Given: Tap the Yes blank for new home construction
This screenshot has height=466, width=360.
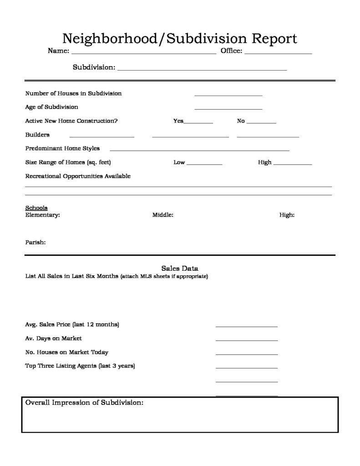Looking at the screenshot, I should [198, 122].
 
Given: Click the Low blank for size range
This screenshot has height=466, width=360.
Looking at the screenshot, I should [204, 164].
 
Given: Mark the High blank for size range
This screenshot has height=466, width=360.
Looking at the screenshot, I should [292, 164].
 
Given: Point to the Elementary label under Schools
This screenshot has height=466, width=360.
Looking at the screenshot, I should [42, 215].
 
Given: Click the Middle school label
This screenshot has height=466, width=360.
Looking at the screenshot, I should [162, 215].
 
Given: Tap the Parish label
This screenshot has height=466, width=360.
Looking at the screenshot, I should [35, 243].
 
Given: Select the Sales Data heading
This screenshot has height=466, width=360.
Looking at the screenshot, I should [180, 268].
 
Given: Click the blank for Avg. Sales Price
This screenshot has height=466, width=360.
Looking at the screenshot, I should [246, 326].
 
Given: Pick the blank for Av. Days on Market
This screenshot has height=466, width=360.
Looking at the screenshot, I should [246, 340].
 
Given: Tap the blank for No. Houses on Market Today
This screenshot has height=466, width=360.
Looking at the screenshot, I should [246, 354].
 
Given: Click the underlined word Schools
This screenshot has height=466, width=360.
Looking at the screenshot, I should [36, 208].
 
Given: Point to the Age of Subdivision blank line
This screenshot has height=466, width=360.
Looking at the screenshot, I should [228, 109].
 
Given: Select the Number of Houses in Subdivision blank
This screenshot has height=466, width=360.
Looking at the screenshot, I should [228, 95].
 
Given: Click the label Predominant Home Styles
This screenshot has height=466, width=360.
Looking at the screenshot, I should [62, 148].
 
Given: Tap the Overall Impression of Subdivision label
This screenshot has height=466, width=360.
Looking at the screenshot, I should [85, 403].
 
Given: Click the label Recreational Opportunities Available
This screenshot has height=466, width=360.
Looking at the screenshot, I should [78, 176].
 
